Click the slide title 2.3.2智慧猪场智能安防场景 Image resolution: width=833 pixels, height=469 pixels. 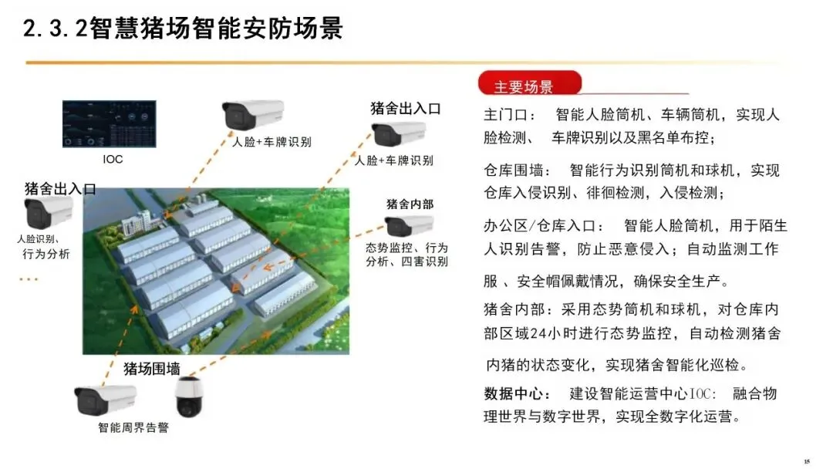tap(183, 28)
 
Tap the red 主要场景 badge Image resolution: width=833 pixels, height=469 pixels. tap(530, 83)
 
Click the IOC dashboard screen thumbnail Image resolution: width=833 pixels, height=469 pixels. tap(110, 123)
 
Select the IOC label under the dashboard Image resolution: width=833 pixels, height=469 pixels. tap(113, 159)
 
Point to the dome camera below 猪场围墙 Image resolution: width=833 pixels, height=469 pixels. tap(189, 397)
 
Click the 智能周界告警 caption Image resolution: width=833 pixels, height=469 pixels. tap(133, 427)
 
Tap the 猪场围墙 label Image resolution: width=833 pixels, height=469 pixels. tap(152, 369)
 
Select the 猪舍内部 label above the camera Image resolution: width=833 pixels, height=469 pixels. tap(410, 204)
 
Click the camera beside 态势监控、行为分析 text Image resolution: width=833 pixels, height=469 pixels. tap(409, 226)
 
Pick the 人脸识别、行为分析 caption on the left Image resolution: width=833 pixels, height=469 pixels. tap(43, 247)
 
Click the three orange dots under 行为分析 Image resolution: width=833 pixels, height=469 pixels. tap(29, 278)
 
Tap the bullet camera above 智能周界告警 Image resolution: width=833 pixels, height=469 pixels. tap(105, 400)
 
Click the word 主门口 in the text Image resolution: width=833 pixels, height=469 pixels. tap(504, 115)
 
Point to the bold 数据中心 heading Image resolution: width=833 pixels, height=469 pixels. tap(513, 393)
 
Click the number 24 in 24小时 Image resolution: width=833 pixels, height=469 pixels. tap(538, 333)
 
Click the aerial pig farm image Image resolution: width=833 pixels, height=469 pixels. tap(216, 271)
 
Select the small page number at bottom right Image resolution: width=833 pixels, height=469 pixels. tap(807, 461)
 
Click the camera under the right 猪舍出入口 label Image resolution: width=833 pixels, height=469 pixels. tap(399, 134)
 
